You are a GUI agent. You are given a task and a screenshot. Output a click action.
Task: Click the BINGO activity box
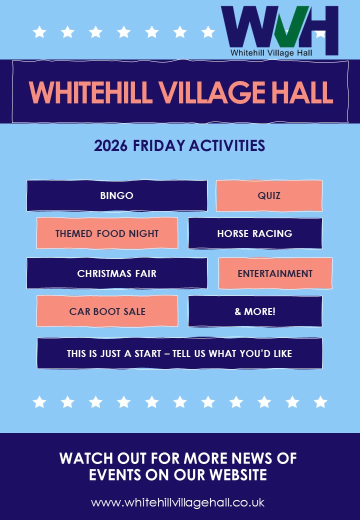tap(116, 195)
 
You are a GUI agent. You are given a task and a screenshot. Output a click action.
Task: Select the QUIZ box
tap(269, 195)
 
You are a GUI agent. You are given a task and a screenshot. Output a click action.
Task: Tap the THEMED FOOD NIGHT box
tap(107, 233)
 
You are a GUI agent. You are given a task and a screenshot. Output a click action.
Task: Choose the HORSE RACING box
tap(255, 233)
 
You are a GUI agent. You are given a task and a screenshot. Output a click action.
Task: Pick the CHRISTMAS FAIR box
tap(116, 273)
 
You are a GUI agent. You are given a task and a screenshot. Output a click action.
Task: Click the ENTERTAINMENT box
tap(275, 273)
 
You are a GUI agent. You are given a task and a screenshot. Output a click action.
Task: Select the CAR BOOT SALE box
tap(107, 311)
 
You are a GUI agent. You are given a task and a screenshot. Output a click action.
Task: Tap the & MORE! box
tap(255, 311)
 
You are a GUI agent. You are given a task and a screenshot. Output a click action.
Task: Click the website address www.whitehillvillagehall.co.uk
tap(177, 502)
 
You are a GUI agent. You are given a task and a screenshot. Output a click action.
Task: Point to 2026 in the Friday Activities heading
tap(110, 146)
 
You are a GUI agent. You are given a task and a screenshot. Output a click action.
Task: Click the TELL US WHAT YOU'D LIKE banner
tap(180, 353)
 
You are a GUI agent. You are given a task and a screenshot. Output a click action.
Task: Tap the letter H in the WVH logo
tap(320, 27)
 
